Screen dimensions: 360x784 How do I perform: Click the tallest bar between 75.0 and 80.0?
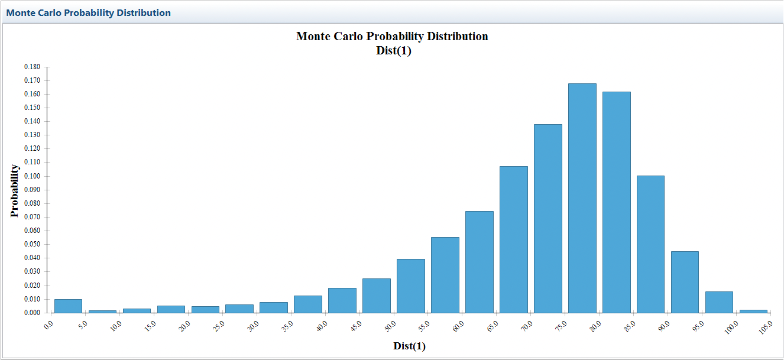(x=582, y=198)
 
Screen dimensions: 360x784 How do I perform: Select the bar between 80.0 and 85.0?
(x=616, y=202)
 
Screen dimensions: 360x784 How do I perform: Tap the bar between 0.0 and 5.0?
(x=68, y=306)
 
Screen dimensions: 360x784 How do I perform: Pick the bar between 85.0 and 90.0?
(x=650, y=244)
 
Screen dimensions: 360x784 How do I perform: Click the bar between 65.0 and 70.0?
(x=513, y=239)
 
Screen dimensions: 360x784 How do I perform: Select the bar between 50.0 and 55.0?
(x=410, y=286)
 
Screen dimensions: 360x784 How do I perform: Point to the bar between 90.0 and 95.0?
(x=685, y=282)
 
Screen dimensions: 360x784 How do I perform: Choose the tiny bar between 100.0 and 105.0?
(x=753, y=311)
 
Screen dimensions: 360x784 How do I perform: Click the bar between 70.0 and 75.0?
(x=547, y=219)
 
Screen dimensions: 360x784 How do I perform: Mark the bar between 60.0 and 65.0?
(x=479, y=262)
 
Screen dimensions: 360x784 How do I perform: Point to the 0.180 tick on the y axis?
(x=32, y=67)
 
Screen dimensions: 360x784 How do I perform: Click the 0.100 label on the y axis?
(x=32, y=176)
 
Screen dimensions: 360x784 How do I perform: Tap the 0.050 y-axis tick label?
(x=32, y=244)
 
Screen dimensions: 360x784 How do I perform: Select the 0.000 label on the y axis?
(x=32, y=313)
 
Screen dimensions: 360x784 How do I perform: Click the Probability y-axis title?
(x=15, y=191)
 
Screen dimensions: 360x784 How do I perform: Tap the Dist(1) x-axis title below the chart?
(x=409, y=346)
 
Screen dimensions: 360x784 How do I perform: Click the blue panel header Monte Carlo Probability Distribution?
(x=89, y=12)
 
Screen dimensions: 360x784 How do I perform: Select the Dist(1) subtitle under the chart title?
(x=393, y=50)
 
